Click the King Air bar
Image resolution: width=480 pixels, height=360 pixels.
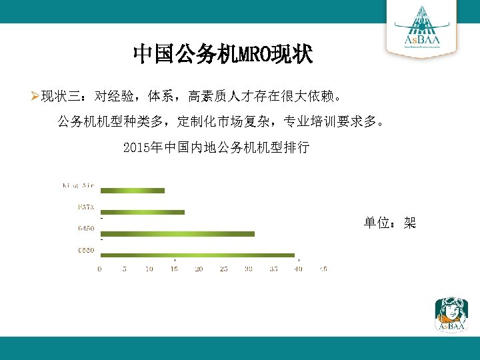pyautogui.click(x=132, y=191)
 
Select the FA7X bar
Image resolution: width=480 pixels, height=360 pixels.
pyautogui.click(x=142, y=212)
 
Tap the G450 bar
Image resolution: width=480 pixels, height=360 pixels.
pyautogui.click(x=177, y=233)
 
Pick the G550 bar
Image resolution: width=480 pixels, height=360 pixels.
pyautogui.click(x=197, y=255)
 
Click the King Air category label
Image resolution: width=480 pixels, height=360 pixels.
pyautogui.click(x=78, y=185)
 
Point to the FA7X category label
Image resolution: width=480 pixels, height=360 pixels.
pyautogui.click(x=86, y=207)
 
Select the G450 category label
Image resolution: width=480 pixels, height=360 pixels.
pyautogui.click(x=86, y=229)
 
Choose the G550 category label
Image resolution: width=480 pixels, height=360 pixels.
pyautogui.click(x=86, y=250)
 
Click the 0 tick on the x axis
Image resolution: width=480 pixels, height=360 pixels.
pyautogui.click(x=100, y=269)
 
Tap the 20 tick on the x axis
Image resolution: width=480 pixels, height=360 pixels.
pyautogui.click(x=199, y=269)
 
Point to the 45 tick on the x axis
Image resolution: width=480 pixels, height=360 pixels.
pyautogui.click(x=323, y=269)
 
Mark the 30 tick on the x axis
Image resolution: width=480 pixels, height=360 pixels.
pyautogui.click(x=248, y=269)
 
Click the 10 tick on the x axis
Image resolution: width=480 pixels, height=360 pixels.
pyautogui.click(x=149, y=269)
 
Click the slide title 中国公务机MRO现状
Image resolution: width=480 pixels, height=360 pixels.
pyautogui.click(x=223, y=54)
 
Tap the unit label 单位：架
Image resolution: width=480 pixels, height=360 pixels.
pyautogui.click(x=389, y=223)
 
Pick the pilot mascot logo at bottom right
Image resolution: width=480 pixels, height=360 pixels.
pyautogui.click(x=451, y=314)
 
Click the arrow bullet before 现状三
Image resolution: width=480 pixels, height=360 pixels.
pyautogui.click(x=35, y=97)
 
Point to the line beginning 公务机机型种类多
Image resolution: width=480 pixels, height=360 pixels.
pyautogui.click(x=221, y=122)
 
